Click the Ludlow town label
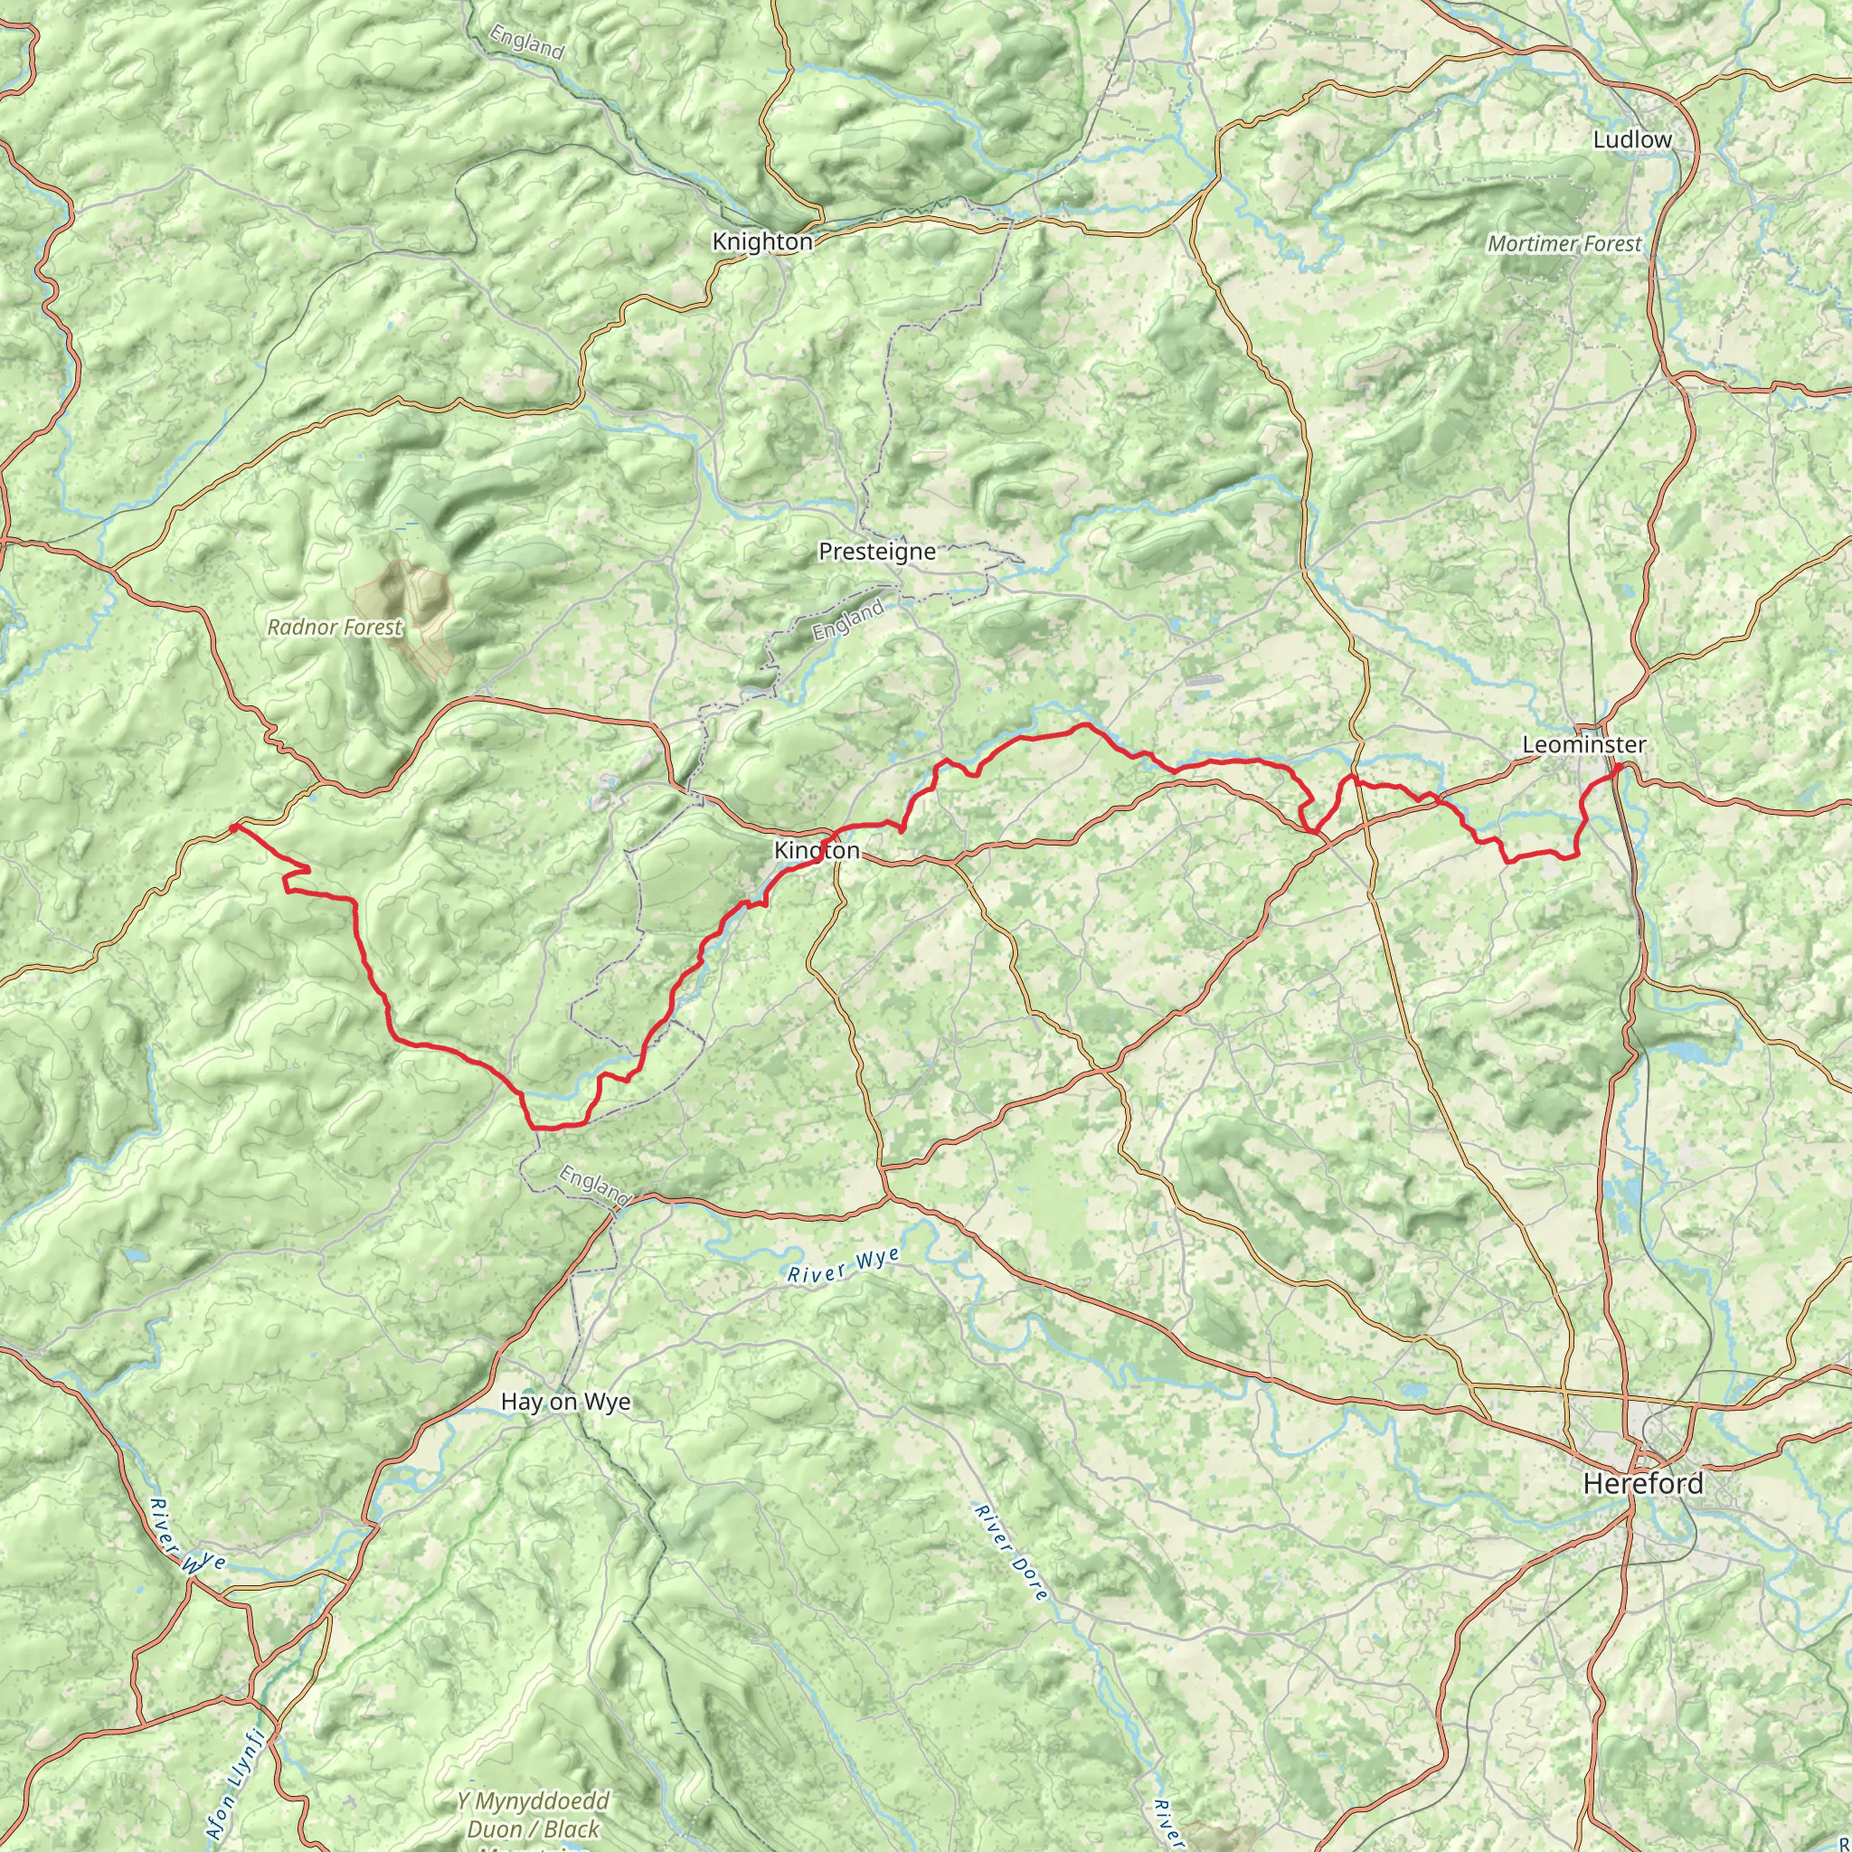click(1631, 140)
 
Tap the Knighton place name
click(762, 242)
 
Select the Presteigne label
click(876, 552)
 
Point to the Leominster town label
click(1583, 745)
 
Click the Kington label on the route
click(817, 850)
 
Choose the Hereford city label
click(1643, 1484)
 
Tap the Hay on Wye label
click(565, 1402)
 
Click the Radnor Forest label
click(335, 628)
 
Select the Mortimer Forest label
click(1564, 244)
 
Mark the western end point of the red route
click(233, 827)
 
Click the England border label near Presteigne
click(848, 621)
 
